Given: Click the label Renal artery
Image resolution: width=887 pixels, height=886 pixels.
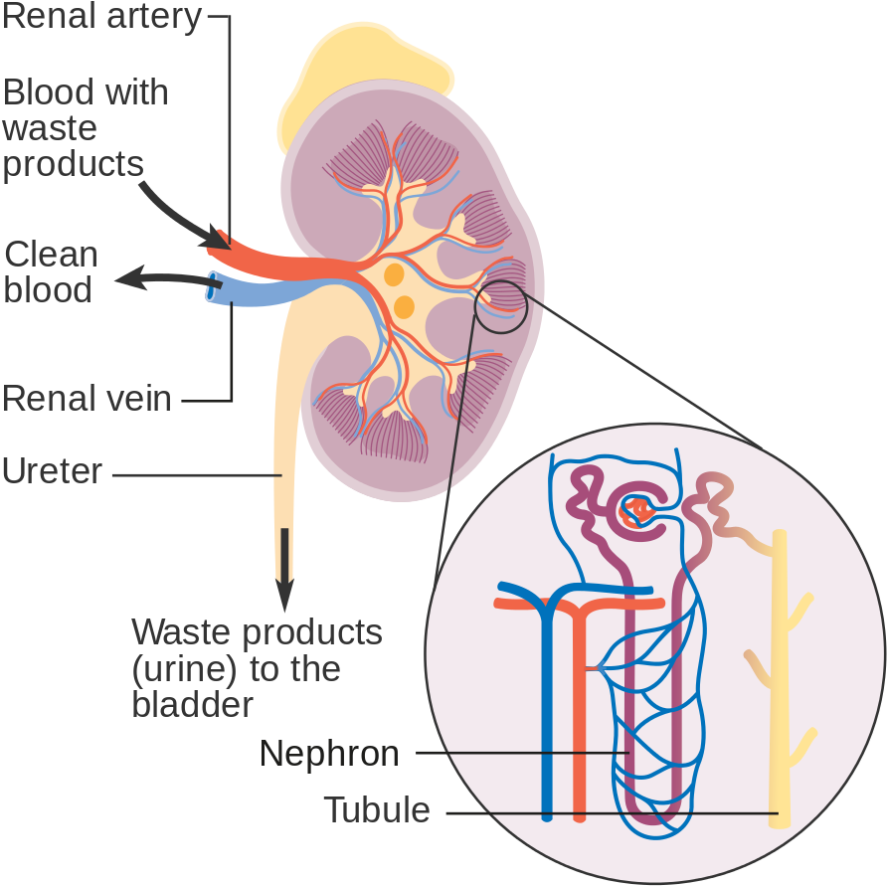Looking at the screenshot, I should (101, 17).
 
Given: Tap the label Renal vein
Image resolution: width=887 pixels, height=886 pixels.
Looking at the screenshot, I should (87, 399).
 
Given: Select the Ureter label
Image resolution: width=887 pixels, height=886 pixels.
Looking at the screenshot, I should (52, 470).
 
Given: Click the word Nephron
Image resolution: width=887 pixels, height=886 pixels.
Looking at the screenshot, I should (329, 754).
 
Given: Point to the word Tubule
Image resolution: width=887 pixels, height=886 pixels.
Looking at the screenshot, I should (377, 810).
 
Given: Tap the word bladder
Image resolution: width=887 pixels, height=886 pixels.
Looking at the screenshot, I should (193, 704).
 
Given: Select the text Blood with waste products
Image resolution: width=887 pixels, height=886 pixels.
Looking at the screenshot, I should (85, 128).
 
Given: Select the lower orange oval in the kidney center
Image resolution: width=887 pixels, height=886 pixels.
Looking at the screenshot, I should (404, 306).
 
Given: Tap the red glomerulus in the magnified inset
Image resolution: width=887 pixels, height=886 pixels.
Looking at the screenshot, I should (634, 513).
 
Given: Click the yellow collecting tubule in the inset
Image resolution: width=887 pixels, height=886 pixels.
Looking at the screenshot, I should (781, 696).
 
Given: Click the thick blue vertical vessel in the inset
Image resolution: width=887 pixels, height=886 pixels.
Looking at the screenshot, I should (546, 716).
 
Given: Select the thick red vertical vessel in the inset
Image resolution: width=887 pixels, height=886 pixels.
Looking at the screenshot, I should (579, 716).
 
